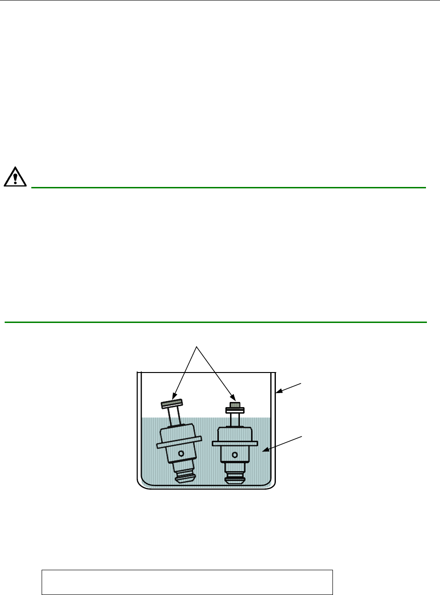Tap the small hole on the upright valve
click(235, 454)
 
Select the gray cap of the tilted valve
click(172, 403)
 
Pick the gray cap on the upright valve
click(235, 405)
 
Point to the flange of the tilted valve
click(179, 442)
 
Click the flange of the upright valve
click(235, 442)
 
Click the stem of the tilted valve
click(174, 417)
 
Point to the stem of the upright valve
click(235, 419)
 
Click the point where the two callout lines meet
click(197, 346)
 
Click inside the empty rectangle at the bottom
click(187, 582)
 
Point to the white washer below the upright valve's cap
click(235, 410)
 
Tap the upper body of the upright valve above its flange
click(235, 434)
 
